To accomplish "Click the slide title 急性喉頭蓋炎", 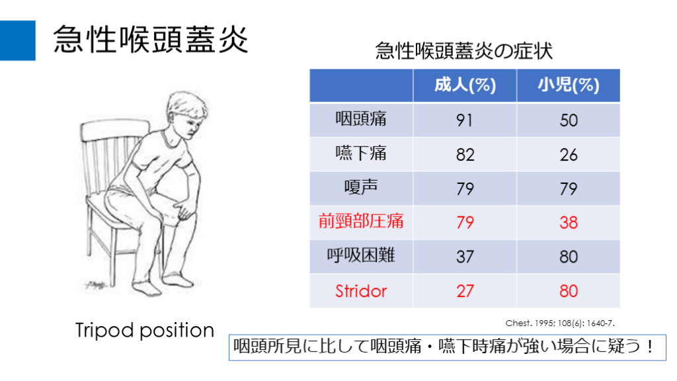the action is pos(150,39).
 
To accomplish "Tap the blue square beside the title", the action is pos(18,40).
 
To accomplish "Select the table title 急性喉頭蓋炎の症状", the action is pos(463,51).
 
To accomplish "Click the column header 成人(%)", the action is pos(465,85).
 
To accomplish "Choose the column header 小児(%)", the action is pos(568,85).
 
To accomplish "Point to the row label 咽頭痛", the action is pos(361,119).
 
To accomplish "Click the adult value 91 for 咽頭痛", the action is pos(465,120).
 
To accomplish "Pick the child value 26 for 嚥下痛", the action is pos(568,155).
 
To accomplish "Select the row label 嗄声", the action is pos(361,187).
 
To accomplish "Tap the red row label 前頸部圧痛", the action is pos(361,221).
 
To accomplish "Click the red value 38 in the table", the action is pos(568,222).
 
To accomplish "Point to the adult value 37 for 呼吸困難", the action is pos(465,257).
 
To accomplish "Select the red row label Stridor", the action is pos(361,291).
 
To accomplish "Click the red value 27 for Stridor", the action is pos(465,291).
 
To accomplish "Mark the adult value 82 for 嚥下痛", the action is pos(465,155).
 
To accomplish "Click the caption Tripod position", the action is pos(145,331).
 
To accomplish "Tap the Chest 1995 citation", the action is pos(560,323).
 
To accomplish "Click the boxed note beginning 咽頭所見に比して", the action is pos(448,347).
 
